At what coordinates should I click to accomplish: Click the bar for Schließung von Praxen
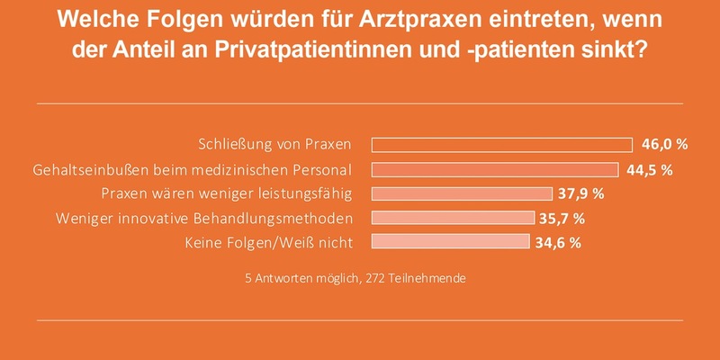point(501,145)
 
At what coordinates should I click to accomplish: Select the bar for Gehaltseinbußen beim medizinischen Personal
point(494,169)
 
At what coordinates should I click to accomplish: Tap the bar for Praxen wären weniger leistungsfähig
point(461,193)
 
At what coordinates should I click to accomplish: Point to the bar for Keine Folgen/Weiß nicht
point(450,241)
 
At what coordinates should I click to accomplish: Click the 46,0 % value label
point(665,145)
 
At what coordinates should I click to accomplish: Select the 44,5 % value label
point(651,169)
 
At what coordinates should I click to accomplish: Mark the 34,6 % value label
point(560,242)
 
